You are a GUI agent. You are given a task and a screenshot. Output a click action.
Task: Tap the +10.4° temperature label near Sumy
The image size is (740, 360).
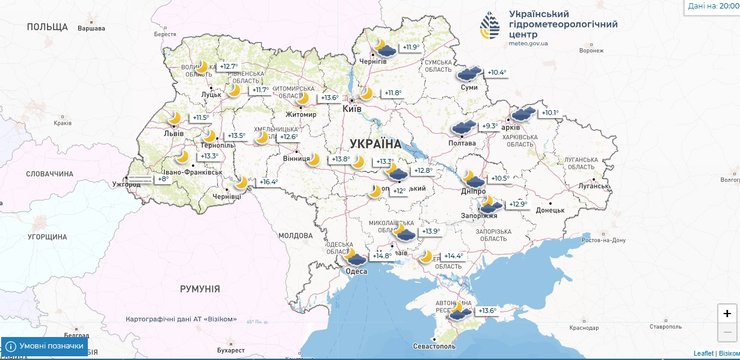point(496,73)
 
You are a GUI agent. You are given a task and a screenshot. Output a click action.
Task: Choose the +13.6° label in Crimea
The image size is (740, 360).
point(486,311)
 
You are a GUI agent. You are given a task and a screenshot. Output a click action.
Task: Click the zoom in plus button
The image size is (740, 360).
point(726,313)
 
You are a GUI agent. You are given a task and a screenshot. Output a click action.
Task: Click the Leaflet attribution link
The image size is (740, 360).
point(704,353)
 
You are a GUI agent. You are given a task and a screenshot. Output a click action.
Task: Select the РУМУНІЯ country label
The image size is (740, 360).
point(200,289)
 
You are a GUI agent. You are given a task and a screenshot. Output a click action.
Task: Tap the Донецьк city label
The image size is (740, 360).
point(550,211)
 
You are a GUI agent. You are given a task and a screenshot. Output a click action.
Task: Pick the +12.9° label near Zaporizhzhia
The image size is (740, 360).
point(517,204)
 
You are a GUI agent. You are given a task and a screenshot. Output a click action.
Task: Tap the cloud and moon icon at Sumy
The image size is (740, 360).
point(467,72)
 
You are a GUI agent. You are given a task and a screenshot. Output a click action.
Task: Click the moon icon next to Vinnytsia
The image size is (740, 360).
point(313,159)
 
